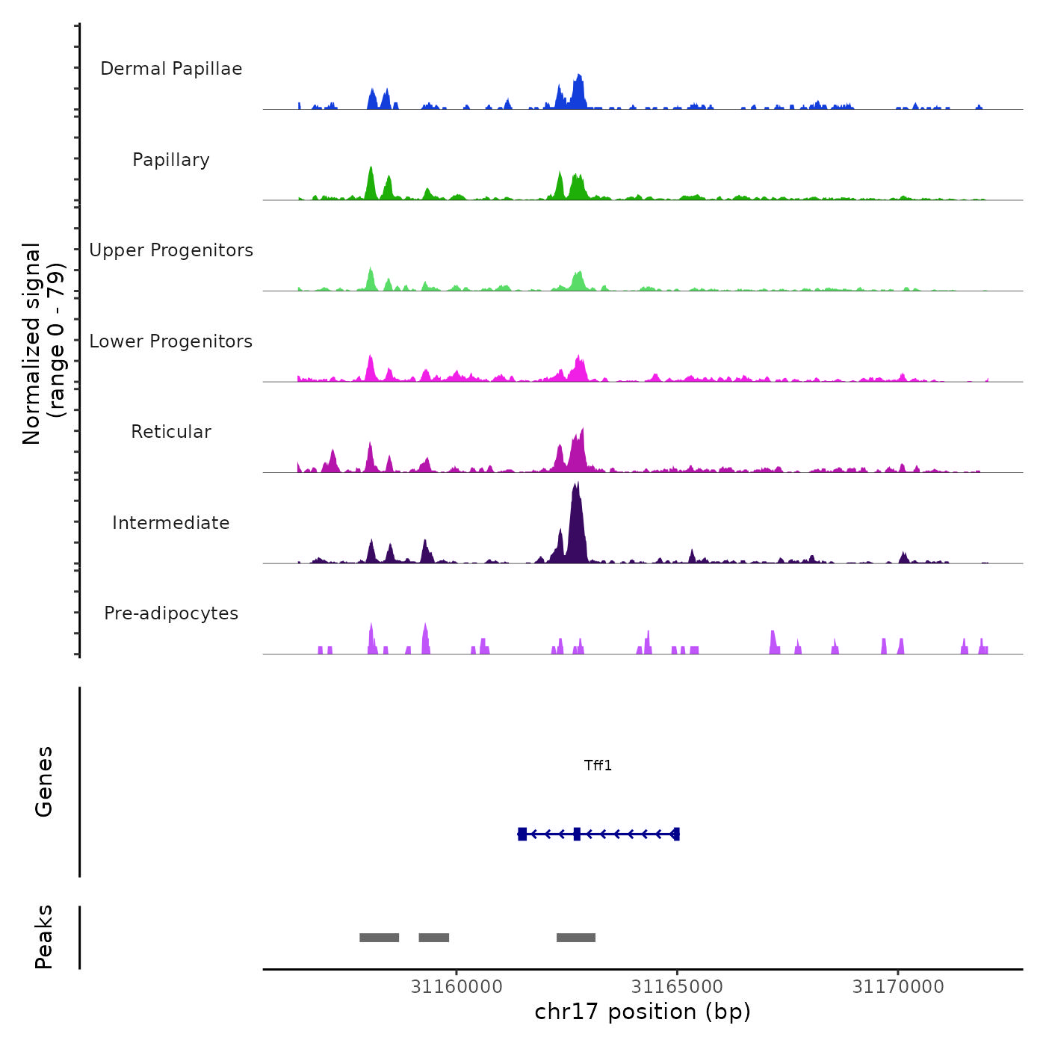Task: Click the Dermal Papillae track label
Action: [x=171, y=69]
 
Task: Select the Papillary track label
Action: [x=171, y=160]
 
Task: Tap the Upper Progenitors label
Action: [x=171, y=250]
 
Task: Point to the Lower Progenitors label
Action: [x=171, y=341]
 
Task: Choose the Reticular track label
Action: [x=171, y=432]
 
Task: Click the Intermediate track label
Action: [x=171, y=523]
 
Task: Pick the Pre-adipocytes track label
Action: [x=171, y=613]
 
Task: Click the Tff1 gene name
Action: [x=598, y=765]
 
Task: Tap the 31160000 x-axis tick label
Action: [x=457, y=987]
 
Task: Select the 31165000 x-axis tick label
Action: [x=677, y=987]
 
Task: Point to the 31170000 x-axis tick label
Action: [x=898, y=987]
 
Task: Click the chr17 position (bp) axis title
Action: [x=643, y=1012]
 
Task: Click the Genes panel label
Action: [x=44, y=782]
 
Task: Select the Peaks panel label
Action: [x=44, y=937]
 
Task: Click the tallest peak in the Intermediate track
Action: [x=576, y=493]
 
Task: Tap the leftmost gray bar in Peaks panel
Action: [x=379, y=938]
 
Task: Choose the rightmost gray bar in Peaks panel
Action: [x=576, y=938]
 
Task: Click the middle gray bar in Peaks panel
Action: [x=433, y=938]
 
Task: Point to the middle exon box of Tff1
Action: [x=577, y=834]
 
